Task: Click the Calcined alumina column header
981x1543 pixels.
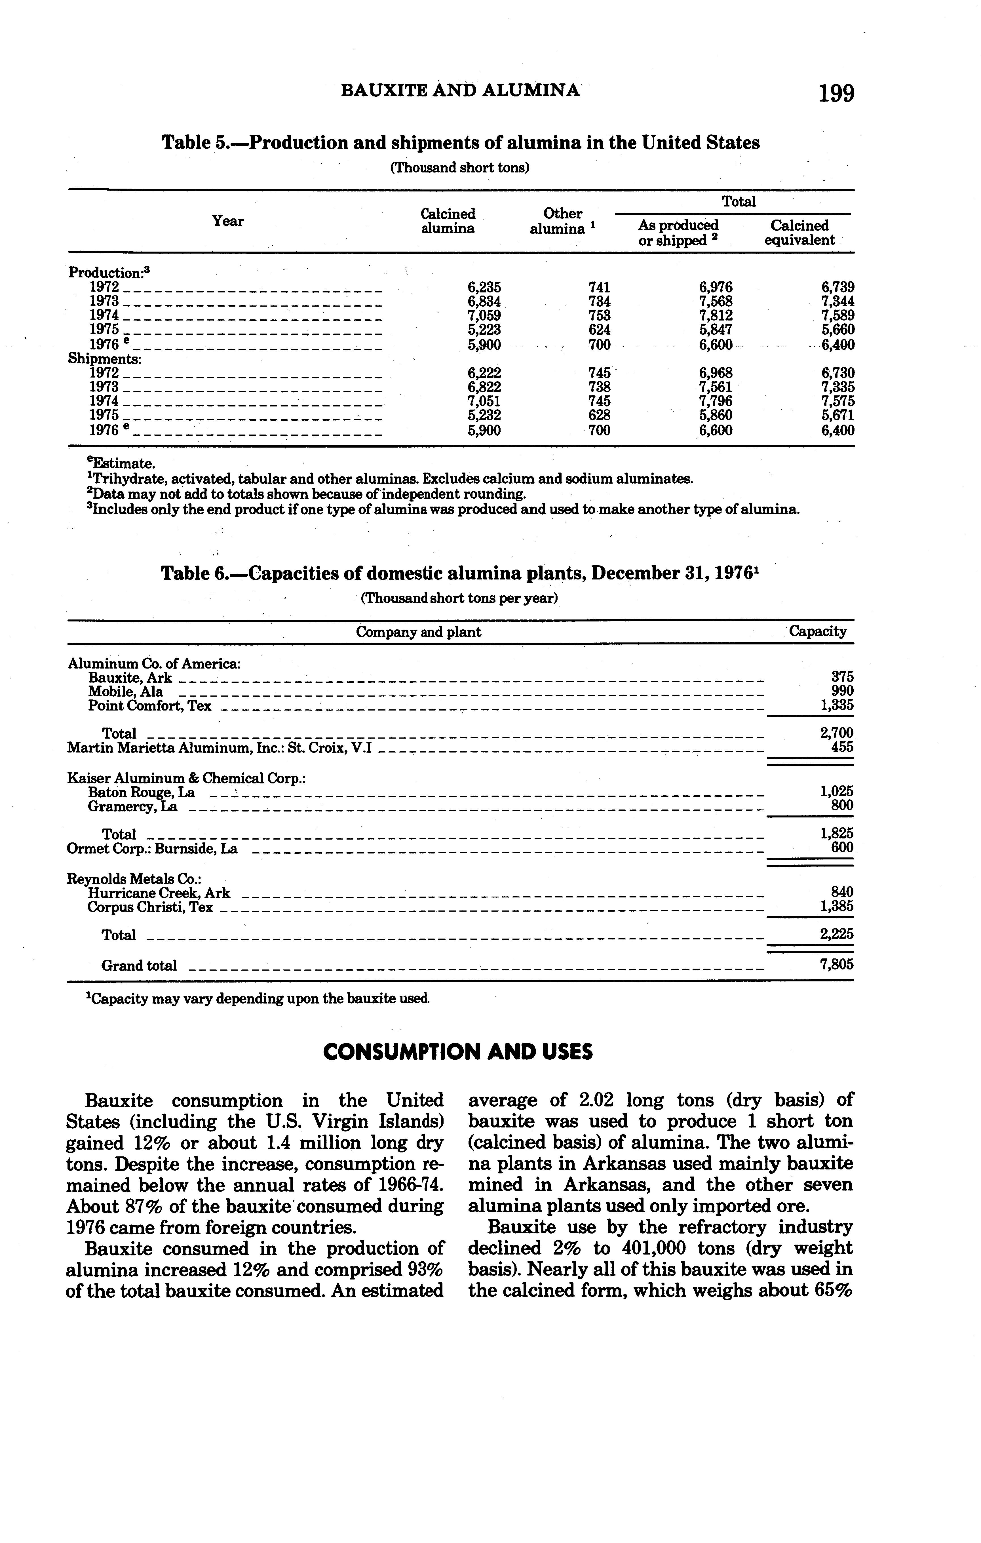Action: (448, 221)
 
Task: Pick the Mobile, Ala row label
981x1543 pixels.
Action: (126, 692)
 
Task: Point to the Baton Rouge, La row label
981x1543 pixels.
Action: (141, 792)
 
